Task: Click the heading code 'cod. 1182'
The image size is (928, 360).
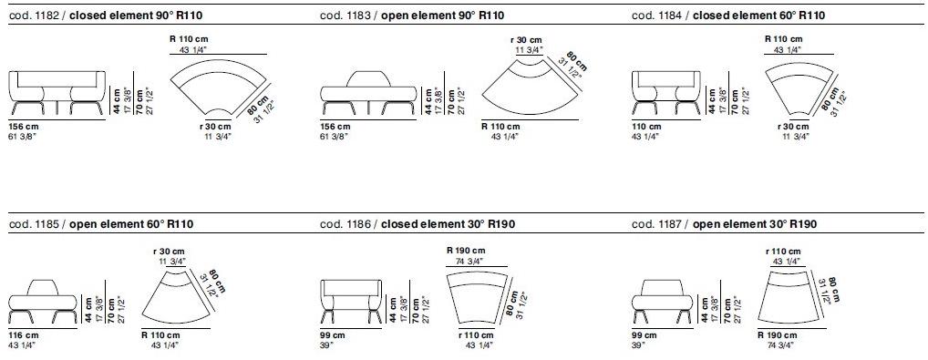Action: pyautogui.click(x=33, y=15)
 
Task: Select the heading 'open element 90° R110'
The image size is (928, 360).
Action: pyautogui.click(x=443, y=15)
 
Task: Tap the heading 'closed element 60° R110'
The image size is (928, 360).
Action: pyautogui.click(x=758, y=15)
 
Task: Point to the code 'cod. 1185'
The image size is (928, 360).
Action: pyautogui.click(x=33, y=224)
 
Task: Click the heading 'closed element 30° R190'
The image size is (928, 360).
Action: pyautogui.click(x=448, y=224)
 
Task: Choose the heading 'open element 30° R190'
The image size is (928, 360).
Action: pyautogui.click(x=755, y=224)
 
